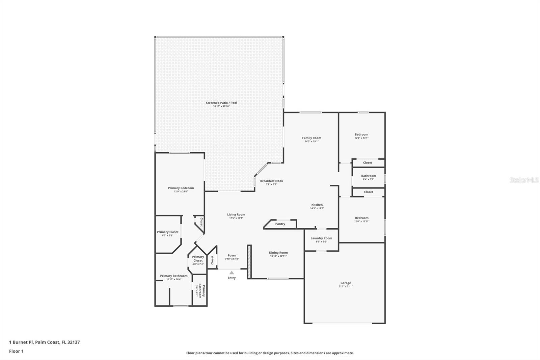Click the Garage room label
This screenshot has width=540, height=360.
click(346, 283)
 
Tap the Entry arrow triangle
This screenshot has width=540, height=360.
click(232, 273)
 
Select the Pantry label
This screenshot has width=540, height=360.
click(280, 224)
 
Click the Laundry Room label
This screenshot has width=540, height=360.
click(321, 238)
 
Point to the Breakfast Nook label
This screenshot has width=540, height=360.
click(271, 181)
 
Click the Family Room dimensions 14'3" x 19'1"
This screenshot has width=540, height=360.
click(312, 142)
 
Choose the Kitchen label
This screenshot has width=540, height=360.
click(317, 205)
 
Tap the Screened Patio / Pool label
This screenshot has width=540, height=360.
click(221, 103)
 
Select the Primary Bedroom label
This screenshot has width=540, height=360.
click(181, 188)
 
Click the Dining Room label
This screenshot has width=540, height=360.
click(278, 253)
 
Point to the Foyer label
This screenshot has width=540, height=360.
click(232, 255)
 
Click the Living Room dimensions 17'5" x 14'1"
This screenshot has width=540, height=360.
click(236, 218)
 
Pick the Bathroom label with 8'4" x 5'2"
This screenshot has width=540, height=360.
click(369, 176)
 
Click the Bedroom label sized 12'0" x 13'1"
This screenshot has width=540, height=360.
click(361, 134)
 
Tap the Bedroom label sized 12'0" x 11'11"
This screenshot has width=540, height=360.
click(362, 218)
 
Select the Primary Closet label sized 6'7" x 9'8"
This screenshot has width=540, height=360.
click(167, 232)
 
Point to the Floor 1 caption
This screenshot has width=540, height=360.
click(16, 351)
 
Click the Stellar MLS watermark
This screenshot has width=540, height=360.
click(524, 180)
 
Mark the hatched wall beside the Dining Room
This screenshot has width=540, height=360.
click(249, 262)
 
